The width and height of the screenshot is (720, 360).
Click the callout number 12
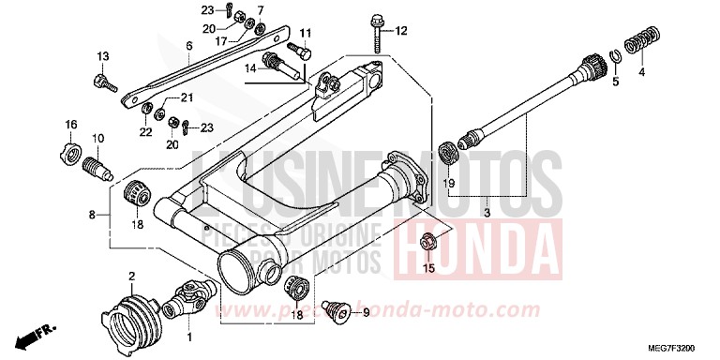(x=401, y=31)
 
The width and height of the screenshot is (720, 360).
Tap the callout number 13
(x=102, y=57)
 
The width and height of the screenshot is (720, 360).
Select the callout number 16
(x=71, y=126)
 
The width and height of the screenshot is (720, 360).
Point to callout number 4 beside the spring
(x=642, y=71)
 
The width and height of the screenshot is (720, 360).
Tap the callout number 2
(x=132, y=276)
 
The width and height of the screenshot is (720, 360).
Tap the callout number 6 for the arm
(x=188, y=45)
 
